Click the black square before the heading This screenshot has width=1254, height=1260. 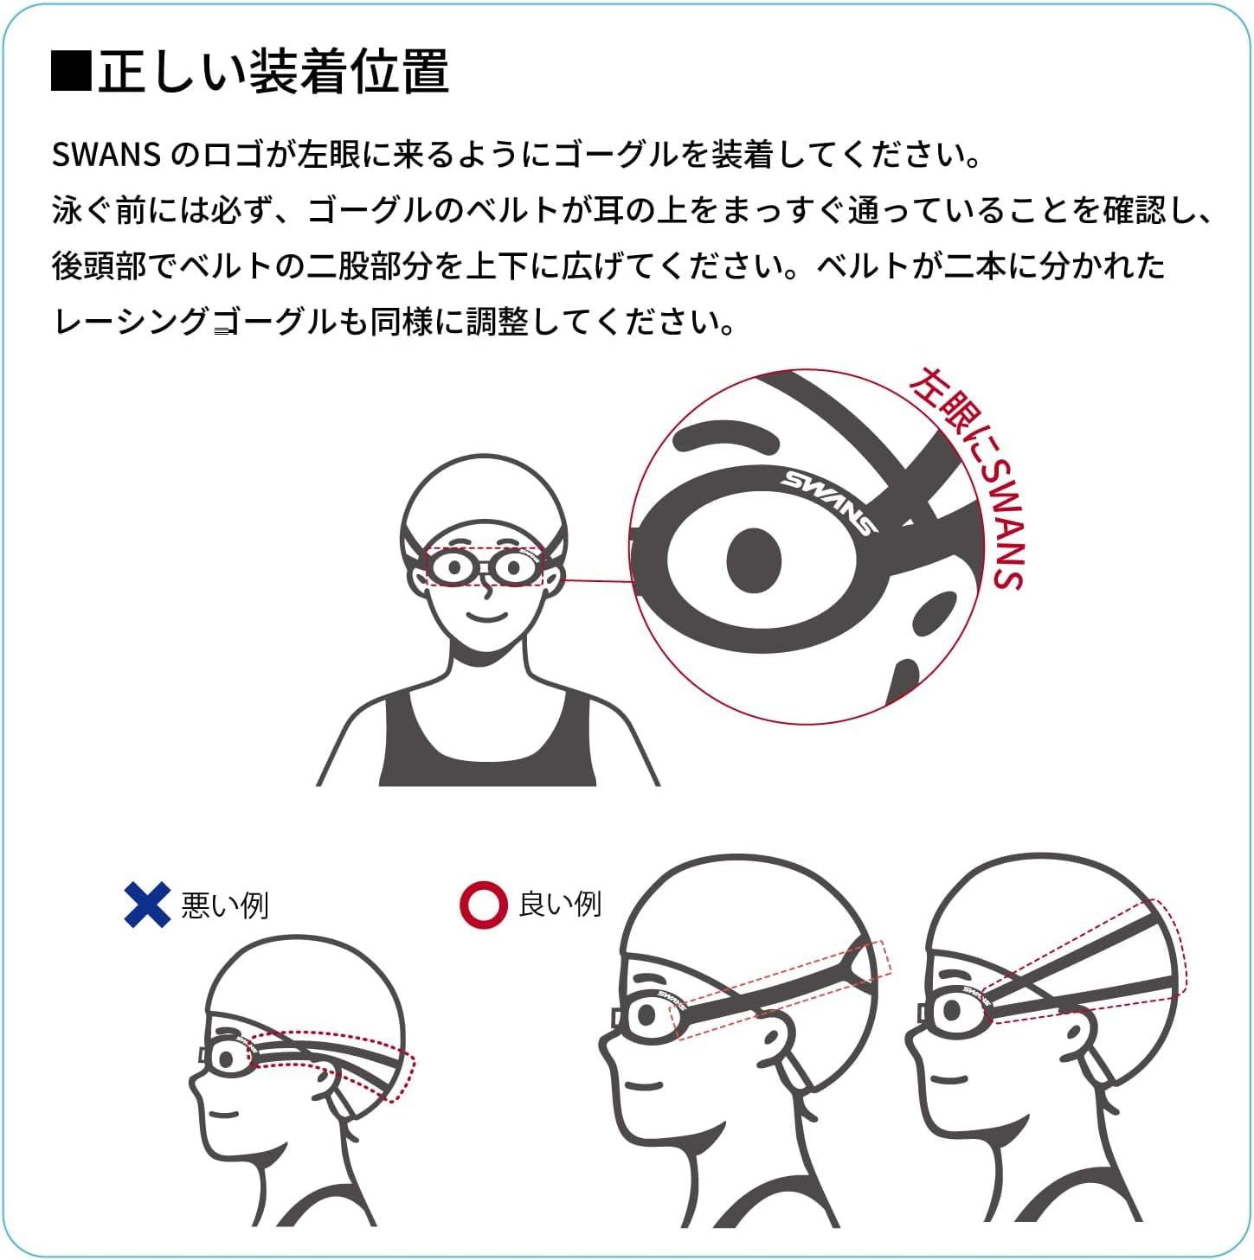point(71,70)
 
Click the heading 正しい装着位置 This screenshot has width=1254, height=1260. point(273,71)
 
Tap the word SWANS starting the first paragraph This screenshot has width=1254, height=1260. point(106,155)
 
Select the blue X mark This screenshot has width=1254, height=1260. point(147,905)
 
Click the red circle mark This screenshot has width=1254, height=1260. point(484,905)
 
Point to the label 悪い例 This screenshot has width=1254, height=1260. point(225,905)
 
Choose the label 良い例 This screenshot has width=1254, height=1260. point(560,905)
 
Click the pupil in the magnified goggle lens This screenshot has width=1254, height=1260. point(754,560)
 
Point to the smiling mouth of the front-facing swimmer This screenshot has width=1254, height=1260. point(487,616)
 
